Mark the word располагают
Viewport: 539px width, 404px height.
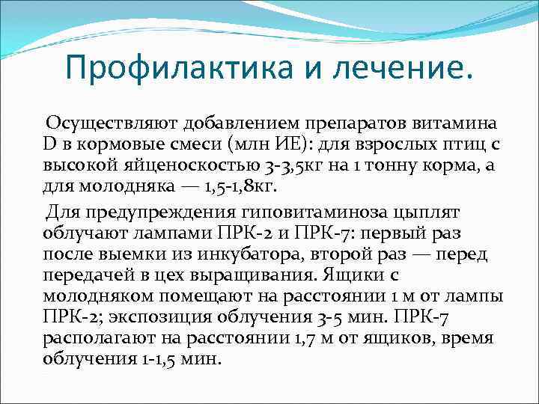pyautogui.click(x=93, y=338)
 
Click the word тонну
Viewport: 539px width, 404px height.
pyautogui.click(x=377, y=163)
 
